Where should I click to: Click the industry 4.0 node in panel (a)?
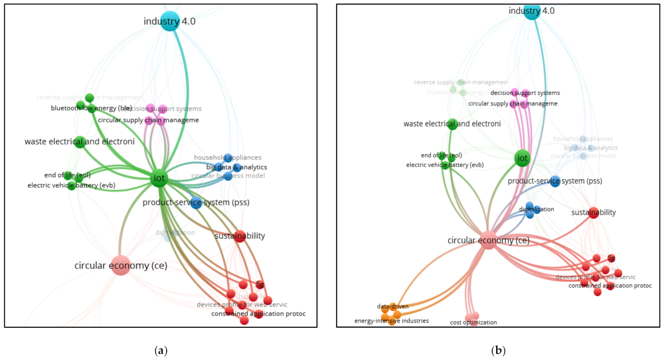(x=170, y=21)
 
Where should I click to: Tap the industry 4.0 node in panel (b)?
(x=532, y=11)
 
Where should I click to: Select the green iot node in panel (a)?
(x=159, y=178)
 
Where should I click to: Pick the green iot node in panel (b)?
(x=523, y=158)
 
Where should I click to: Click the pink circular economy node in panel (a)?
(x=121, y=265)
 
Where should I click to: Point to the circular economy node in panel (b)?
(x=488, y=240)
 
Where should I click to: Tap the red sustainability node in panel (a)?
(x=240, y=236)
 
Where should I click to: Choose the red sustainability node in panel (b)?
(x=593, y=213)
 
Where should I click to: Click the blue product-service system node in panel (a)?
(x=196, y=203)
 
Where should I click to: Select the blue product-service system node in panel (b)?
(x=555, y=181)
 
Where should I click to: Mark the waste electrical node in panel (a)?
(x=80, y=142)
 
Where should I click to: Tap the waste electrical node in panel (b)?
(x=452, y=124)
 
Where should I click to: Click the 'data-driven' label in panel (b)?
(x=393, y=306)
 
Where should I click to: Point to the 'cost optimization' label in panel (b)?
(x=473, y=322)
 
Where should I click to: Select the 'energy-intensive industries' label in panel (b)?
(x=391, y=321)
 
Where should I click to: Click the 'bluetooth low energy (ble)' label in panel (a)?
(x=91, y=108)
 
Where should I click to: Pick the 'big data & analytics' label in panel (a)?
(x=237, y=167)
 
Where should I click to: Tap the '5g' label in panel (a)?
(x=260, y=284)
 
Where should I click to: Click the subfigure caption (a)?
(x=161, y=351)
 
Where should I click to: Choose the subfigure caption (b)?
(x=498, y=351)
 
